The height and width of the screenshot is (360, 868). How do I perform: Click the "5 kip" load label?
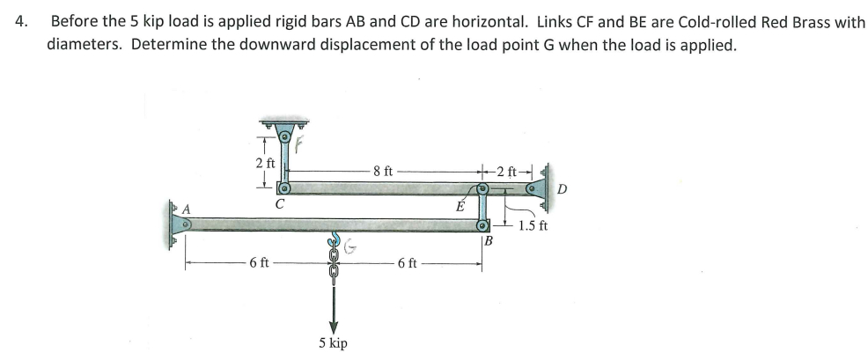tap(334, 342)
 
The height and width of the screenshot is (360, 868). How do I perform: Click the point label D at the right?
tap(563, 188)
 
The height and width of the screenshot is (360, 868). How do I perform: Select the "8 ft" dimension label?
tap(385, 172)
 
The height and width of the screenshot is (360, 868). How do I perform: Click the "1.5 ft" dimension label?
tap(533, 225)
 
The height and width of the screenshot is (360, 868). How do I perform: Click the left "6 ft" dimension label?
tap(259, 262)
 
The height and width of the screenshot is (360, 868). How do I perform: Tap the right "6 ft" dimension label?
tap(407, 262)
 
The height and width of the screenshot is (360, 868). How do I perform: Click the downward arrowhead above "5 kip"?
tap(334, 322)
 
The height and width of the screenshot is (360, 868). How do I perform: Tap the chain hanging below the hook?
tap(334, 269)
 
